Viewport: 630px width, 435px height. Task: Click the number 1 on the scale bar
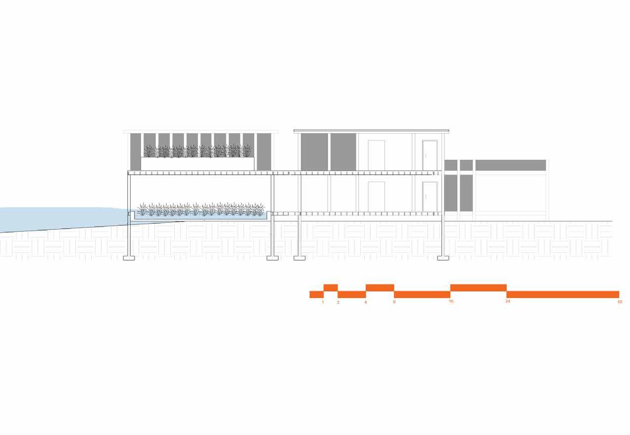click(x=323, y=301)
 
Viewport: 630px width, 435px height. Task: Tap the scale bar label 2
click(x=338, y=301)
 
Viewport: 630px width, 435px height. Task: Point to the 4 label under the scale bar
click(x=366, y=301)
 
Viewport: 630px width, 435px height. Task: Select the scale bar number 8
click(x=394, y=301)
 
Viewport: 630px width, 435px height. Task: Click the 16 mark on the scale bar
click(x=451, y=301)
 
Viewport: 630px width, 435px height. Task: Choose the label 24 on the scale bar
click(x=508, y=301)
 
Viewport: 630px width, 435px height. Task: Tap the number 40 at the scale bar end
click(x=620, y=301)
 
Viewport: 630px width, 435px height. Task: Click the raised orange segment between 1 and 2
click(x=331, y=288)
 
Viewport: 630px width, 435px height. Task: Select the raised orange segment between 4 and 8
click(x=380, y=288)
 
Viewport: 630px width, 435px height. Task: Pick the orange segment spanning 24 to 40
click(x=563, y=294)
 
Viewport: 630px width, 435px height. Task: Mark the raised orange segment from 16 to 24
click(x=478, y=288)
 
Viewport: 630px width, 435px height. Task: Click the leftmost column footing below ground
click(x=129, y=258)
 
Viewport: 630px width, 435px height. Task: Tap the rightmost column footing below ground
click(x=443, y=258)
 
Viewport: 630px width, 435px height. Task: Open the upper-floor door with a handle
click(x=430, y=155)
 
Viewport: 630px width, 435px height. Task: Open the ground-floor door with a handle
click(x=430, y=196)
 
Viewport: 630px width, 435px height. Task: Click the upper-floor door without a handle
click(x=376, y=155)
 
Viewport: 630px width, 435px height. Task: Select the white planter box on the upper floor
click(x=197, y=164)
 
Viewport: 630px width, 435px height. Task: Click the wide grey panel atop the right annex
click(x=510, y=165)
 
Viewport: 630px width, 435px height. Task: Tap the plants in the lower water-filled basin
click(x=200, y=209)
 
